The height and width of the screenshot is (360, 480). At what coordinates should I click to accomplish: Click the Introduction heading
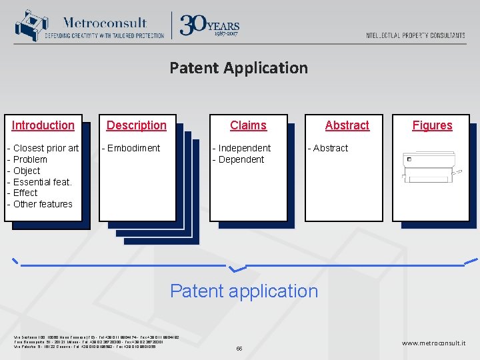tap(43, 125)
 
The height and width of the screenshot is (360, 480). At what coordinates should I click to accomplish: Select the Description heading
tap(137, 125)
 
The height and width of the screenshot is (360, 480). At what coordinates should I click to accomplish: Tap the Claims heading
tap(248, 125)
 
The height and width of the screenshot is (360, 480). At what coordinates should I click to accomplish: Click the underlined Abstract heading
tap(347, 125)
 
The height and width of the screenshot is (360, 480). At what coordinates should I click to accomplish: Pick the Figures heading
tap(432, 125)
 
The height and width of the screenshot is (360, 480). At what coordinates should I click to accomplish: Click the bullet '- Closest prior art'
tap(43, 148)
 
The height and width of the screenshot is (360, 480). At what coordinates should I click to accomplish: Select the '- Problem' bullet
tap(27, 159)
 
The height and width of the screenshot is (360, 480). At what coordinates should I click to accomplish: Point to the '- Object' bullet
tap(24, 171)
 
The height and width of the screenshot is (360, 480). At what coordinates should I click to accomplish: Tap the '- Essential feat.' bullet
tap(39, 182)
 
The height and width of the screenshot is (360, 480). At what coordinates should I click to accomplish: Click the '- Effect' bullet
tap(23, 193)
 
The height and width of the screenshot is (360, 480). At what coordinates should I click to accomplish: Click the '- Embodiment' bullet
tap(131, 148)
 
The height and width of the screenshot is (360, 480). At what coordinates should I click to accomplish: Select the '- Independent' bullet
tap(241, 148)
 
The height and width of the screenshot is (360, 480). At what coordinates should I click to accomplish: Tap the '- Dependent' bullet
tap(238, 159)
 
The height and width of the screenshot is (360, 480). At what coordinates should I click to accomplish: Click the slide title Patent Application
tap(239, 68)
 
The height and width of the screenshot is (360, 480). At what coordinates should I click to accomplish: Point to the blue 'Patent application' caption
tap(244, 291)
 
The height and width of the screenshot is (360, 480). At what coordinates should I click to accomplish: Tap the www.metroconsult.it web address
tap(434, 343)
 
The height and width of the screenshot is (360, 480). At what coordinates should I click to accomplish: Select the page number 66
tap(240, 349)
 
